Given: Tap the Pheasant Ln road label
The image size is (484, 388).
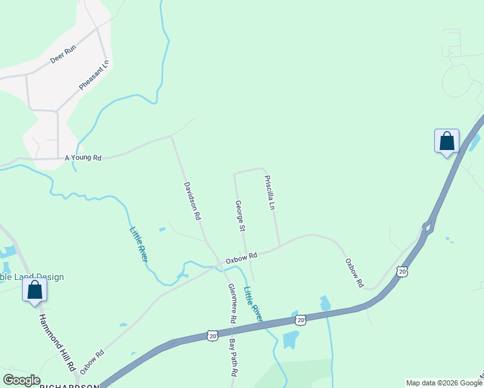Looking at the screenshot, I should coord(94,75).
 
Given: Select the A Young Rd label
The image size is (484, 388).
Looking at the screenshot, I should coord(83,157).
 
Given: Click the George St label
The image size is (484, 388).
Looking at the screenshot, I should coord(239,216).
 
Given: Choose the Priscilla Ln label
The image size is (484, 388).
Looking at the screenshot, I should coord(271,193).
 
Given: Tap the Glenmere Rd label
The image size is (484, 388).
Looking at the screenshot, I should coord(230,304).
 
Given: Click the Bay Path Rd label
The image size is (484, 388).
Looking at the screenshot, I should coord(234,356).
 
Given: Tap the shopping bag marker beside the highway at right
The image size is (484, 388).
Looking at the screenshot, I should coord(446,141).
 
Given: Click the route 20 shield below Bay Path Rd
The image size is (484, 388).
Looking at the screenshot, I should coord(212,335).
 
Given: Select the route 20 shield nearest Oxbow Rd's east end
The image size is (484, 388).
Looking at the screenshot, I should coord(402,271).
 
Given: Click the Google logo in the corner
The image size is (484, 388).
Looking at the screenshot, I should coord(21,380).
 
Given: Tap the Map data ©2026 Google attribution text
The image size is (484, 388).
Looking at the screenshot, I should coord(443,383).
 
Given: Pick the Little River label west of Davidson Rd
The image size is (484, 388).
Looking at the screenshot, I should coord(138,244).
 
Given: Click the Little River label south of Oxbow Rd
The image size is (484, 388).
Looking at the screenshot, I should coord(253,304).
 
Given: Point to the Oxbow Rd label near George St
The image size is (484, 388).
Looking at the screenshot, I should coord(241,257).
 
